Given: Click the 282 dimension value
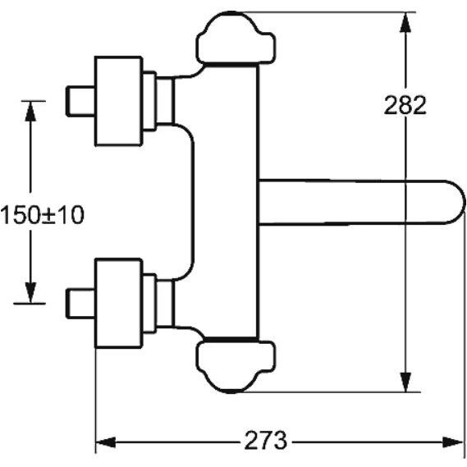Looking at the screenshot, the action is (x=405, y=105).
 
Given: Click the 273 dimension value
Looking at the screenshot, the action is (x=266, y=440).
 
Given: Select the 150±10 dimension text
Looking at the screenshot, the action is (x=43, y=215).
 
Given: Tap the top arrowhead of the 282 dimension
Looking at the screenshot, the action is (x=405, y=22).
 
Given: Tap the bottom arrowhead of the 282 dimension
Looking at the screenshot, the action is (x=405, y=382).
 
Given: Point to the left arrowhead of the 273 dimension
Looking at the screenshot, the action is (x=105, y=442).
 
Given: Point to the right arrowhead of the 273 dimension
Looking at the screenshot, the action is (x=453, y=442).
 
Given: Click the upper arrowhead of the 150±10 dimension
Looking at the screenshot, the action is (x=30, y=111).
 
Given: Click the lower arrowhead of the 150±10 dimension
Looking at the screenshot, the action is (x=30, y=293).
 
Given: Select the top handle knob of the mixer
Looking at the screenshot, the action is (x=236, y=38).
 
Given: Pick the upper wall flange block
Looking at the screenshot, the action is (x=118, y=101).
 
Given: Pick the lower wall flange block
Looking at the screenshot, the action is (x=118, y=303).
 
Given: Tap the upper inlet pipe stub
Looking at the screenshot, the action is (x=80, y=101).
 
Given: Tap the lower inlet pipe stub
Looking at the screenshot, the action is (x=80, y=303).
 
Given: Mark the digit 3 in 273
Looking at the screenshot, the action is (x=280, y=440).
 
